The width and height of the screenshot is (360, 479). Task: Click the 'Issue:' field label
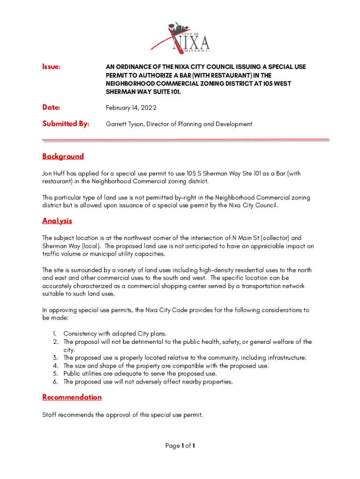click(51, 67)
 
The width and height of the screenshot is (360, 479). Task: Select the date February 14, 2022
click(131, 108)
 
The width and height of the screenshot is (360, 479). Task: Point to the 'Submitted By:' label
click(66, 124)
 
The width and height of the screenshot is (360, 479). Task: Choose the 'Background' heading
click(63, 156)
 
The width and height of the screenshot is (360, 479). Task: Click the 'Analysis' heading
click(57, 221)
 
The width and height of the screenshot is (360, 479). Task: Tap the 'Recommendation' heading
click(72, 397)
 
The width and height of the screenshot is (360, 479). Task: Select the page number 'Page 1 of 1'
click(180, 446)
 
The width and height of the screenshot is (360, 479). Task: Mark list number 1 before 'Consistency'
click(54, 334)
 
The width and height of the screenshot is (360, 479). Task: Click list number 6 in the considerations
click(55, 382)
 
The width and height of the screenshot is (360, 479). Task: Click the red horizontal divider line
click(186, 139)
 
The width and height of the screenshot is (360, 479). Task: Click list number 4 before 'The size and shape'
click(55, 366)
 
